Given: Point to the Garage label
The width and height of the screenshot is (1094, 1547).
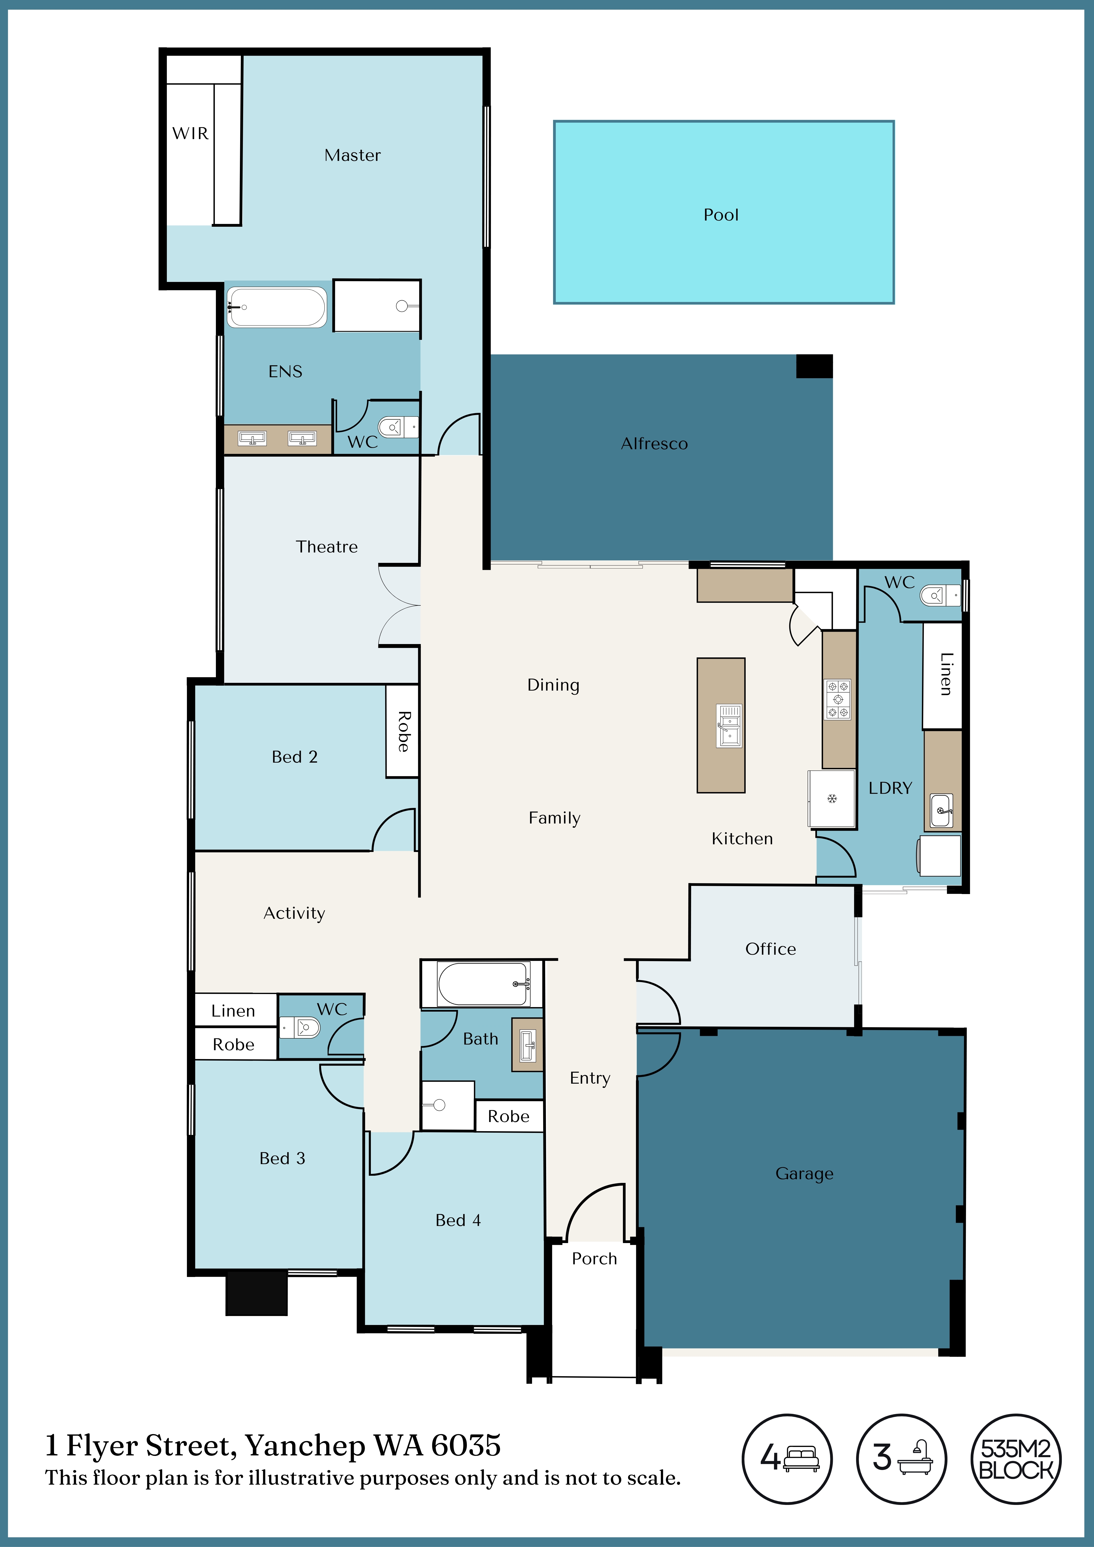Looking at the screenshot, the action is pyautogui.click(x=804, y=1174).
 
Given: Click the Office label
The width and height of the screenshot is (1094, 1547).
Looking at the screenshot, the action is pyautogui.click(x=770, y=949).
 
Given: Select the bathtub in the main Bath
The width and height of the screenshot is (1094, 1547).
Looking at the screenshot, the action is pyautogui.click(x=483, y=984).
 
